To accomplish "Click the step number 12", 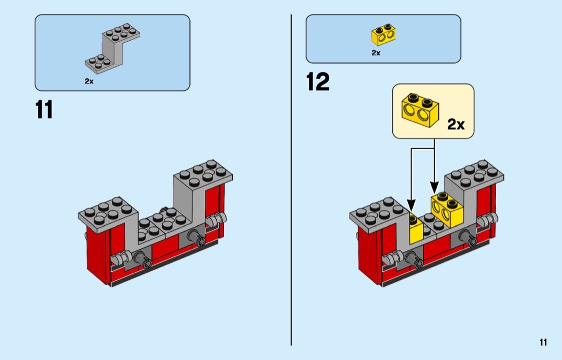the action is click(x=318, y=82).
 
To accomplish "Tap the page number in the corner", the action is click(x=543, y=342).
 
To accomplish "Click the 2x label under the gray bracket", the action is click(x=89, y=81).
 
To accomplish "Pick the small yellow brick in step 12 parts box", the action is click(x=383, y=35).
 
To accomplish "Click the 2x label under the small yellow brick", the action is click(x=376, y=52).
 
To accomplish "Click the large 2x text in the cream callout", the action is click(x=456, y=124).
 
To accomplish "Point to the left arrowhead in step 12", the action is click(x=411, y=205).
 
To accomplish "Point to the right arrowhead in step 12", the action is click(x=434, y=187).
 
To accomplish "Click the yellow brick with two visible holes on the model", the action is click(x=447, y=210).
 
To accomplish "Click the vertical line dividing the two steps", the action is click(x=291, y=180).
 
